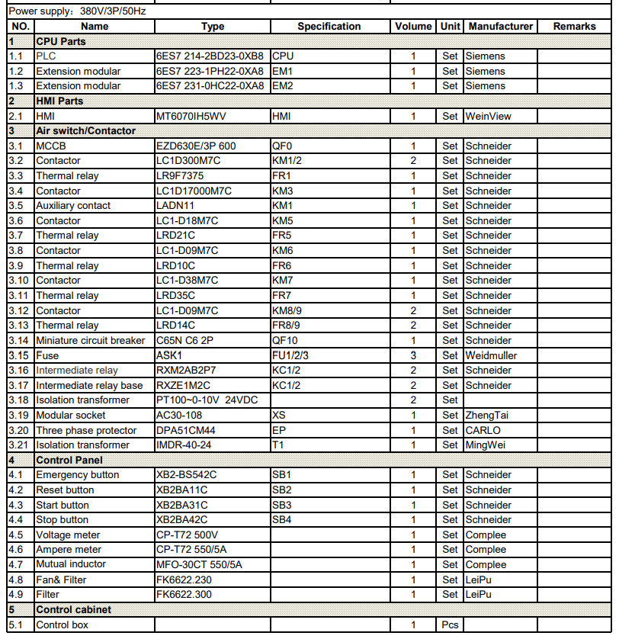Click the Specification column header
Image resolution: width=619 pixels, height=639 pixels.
click(329, 26)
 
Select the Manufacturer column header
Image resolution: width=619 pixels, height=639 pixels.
click(500, 26)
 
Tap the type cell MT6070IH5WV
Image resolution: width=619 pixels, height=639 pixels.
click(191, 116)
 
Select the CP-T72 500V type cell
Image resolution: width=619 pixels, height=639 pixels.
click(187, 535)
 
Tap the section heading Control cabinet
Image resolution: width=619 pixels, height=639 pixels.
click(73, 610)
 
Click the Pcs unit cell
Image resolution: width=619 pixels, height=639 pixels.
click(450, 625)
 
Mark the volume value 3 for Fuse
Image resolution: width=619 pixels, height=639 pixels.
click(413, 355)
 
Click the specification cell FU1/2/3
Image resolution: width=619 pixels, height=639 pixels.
click(290, 355)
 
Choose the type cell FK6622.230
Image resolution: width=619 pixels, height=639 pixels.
click(184, 580)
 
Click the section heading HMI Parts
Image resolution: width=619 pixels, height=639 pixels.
click(59, 101)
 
